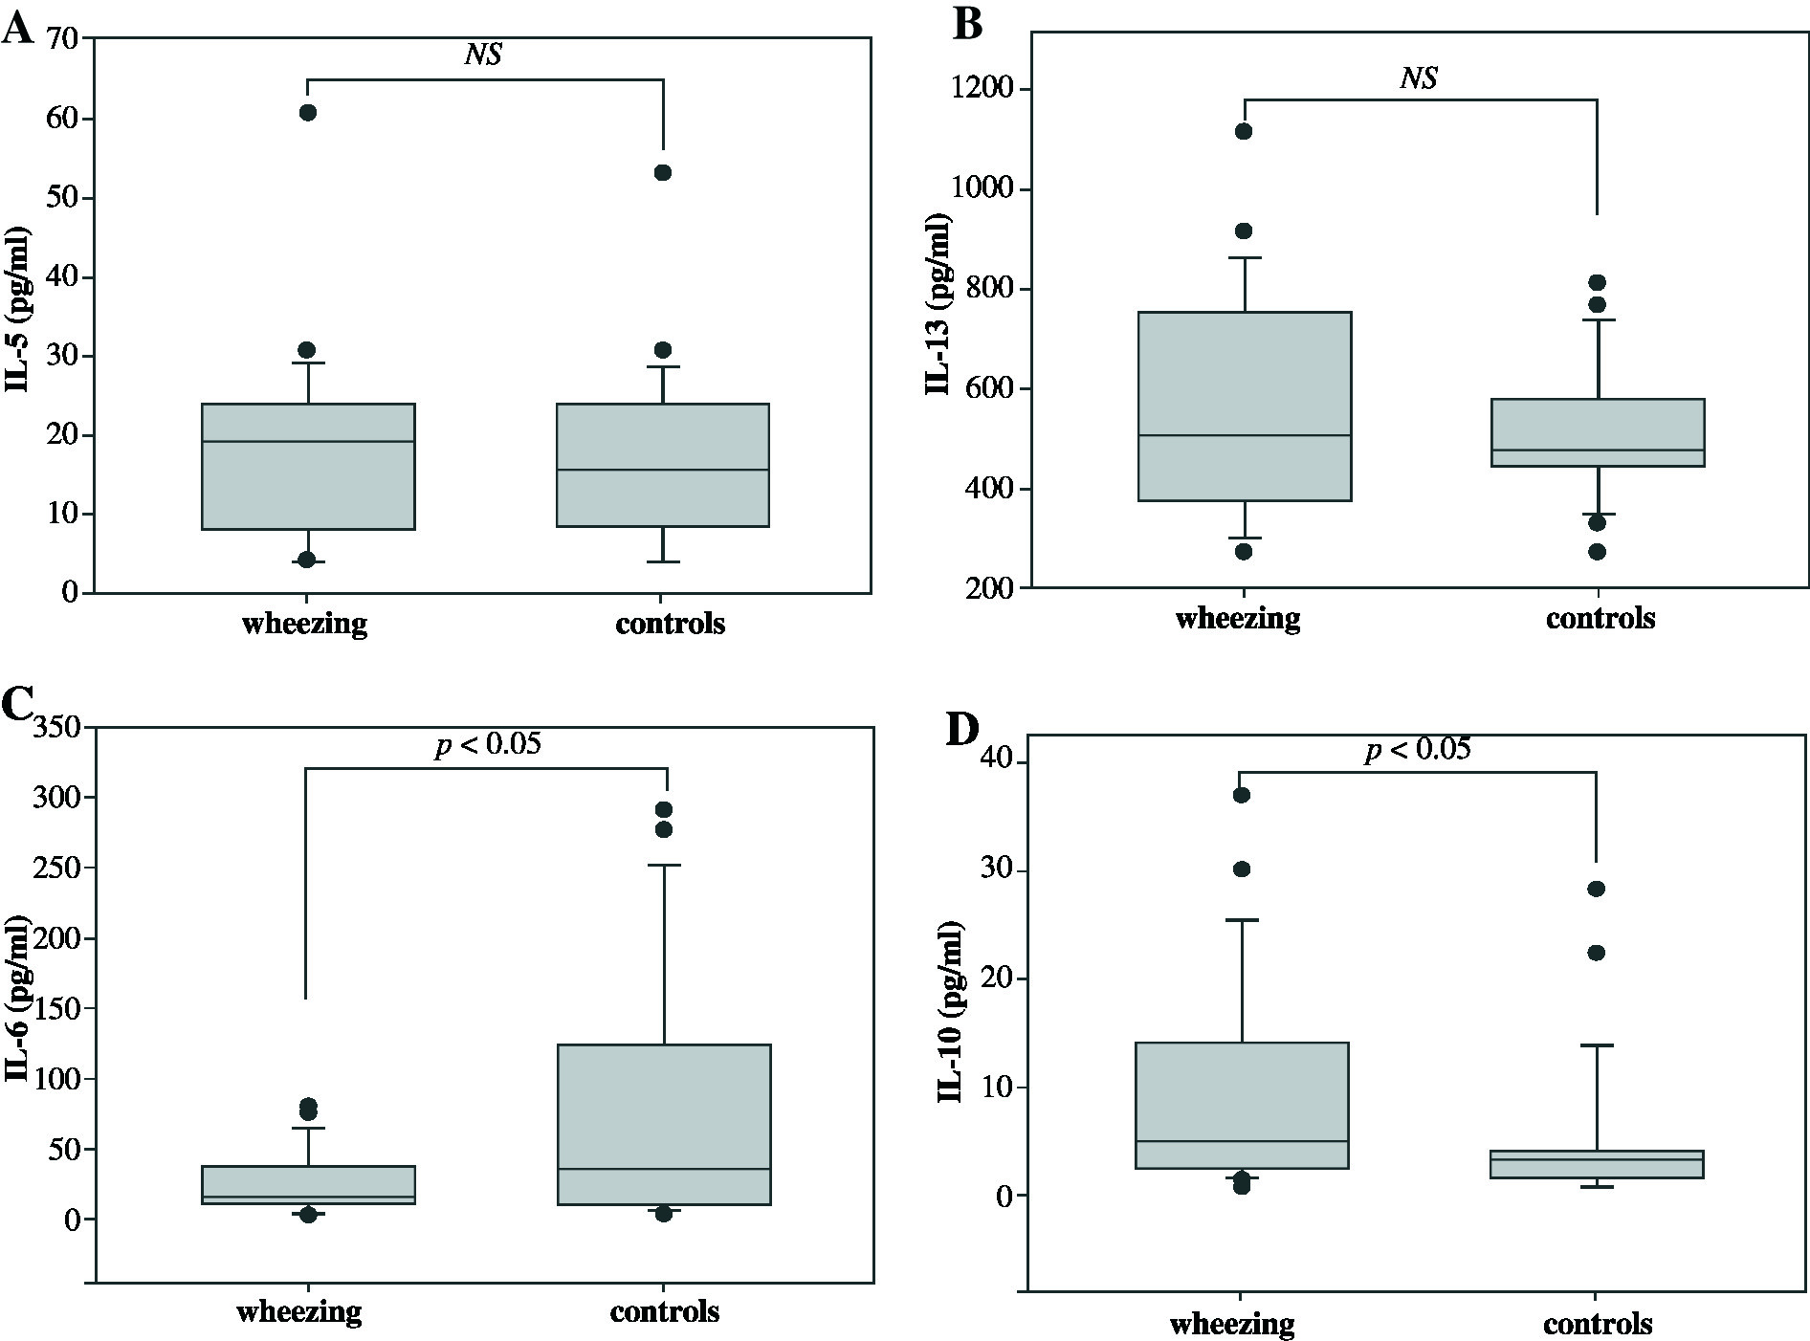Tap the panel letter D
coord(962,730)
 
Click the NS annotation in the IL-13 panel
coord(1419,77)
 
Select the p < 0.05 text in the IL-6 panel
coord(488,743)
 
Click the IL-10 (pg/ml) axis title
coord(949,1012)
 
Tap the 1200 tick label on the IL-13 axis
coord(983,90)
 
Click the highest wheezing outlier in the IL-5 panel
coord(307,113)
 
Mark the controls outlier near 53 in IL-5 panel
coord(662,172)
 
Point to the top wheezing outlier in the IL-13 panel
coord(1244,131)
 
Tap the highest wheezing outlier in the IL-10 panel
coord(1241,795)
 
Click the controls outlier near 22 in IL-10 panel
coord(1596,953)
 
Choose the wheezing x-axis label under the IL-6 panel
coord(299,1309)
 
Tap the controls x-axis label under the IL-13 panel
coord(1600,618)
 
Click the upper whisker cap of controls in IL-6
coord(663,865)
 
